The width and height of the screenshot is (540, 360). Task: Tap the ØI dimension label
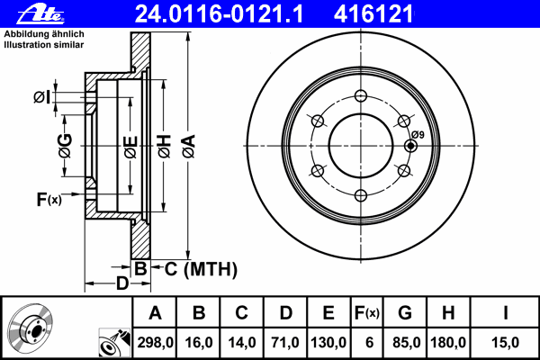click(41, 97)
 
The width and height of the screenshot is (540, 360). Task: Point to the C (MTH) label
click(199, 267)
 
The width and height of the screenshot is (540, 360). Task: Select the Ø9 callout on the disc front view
click(417, 135)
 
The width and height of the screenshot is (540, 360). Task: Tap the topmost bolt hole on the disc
click(361, 97)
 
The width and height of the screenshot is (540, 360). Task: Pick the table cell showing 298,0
click(155, 343)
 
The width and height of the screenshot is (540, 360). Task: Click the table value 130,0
click(328, 343)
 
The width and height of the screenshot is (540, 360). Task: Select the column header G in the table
click(405, 314)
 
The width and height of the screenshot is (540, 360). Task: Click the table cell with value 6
click(367, 343)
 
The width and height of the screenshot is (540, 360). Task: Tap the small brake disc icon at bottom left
click(31, 328)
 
